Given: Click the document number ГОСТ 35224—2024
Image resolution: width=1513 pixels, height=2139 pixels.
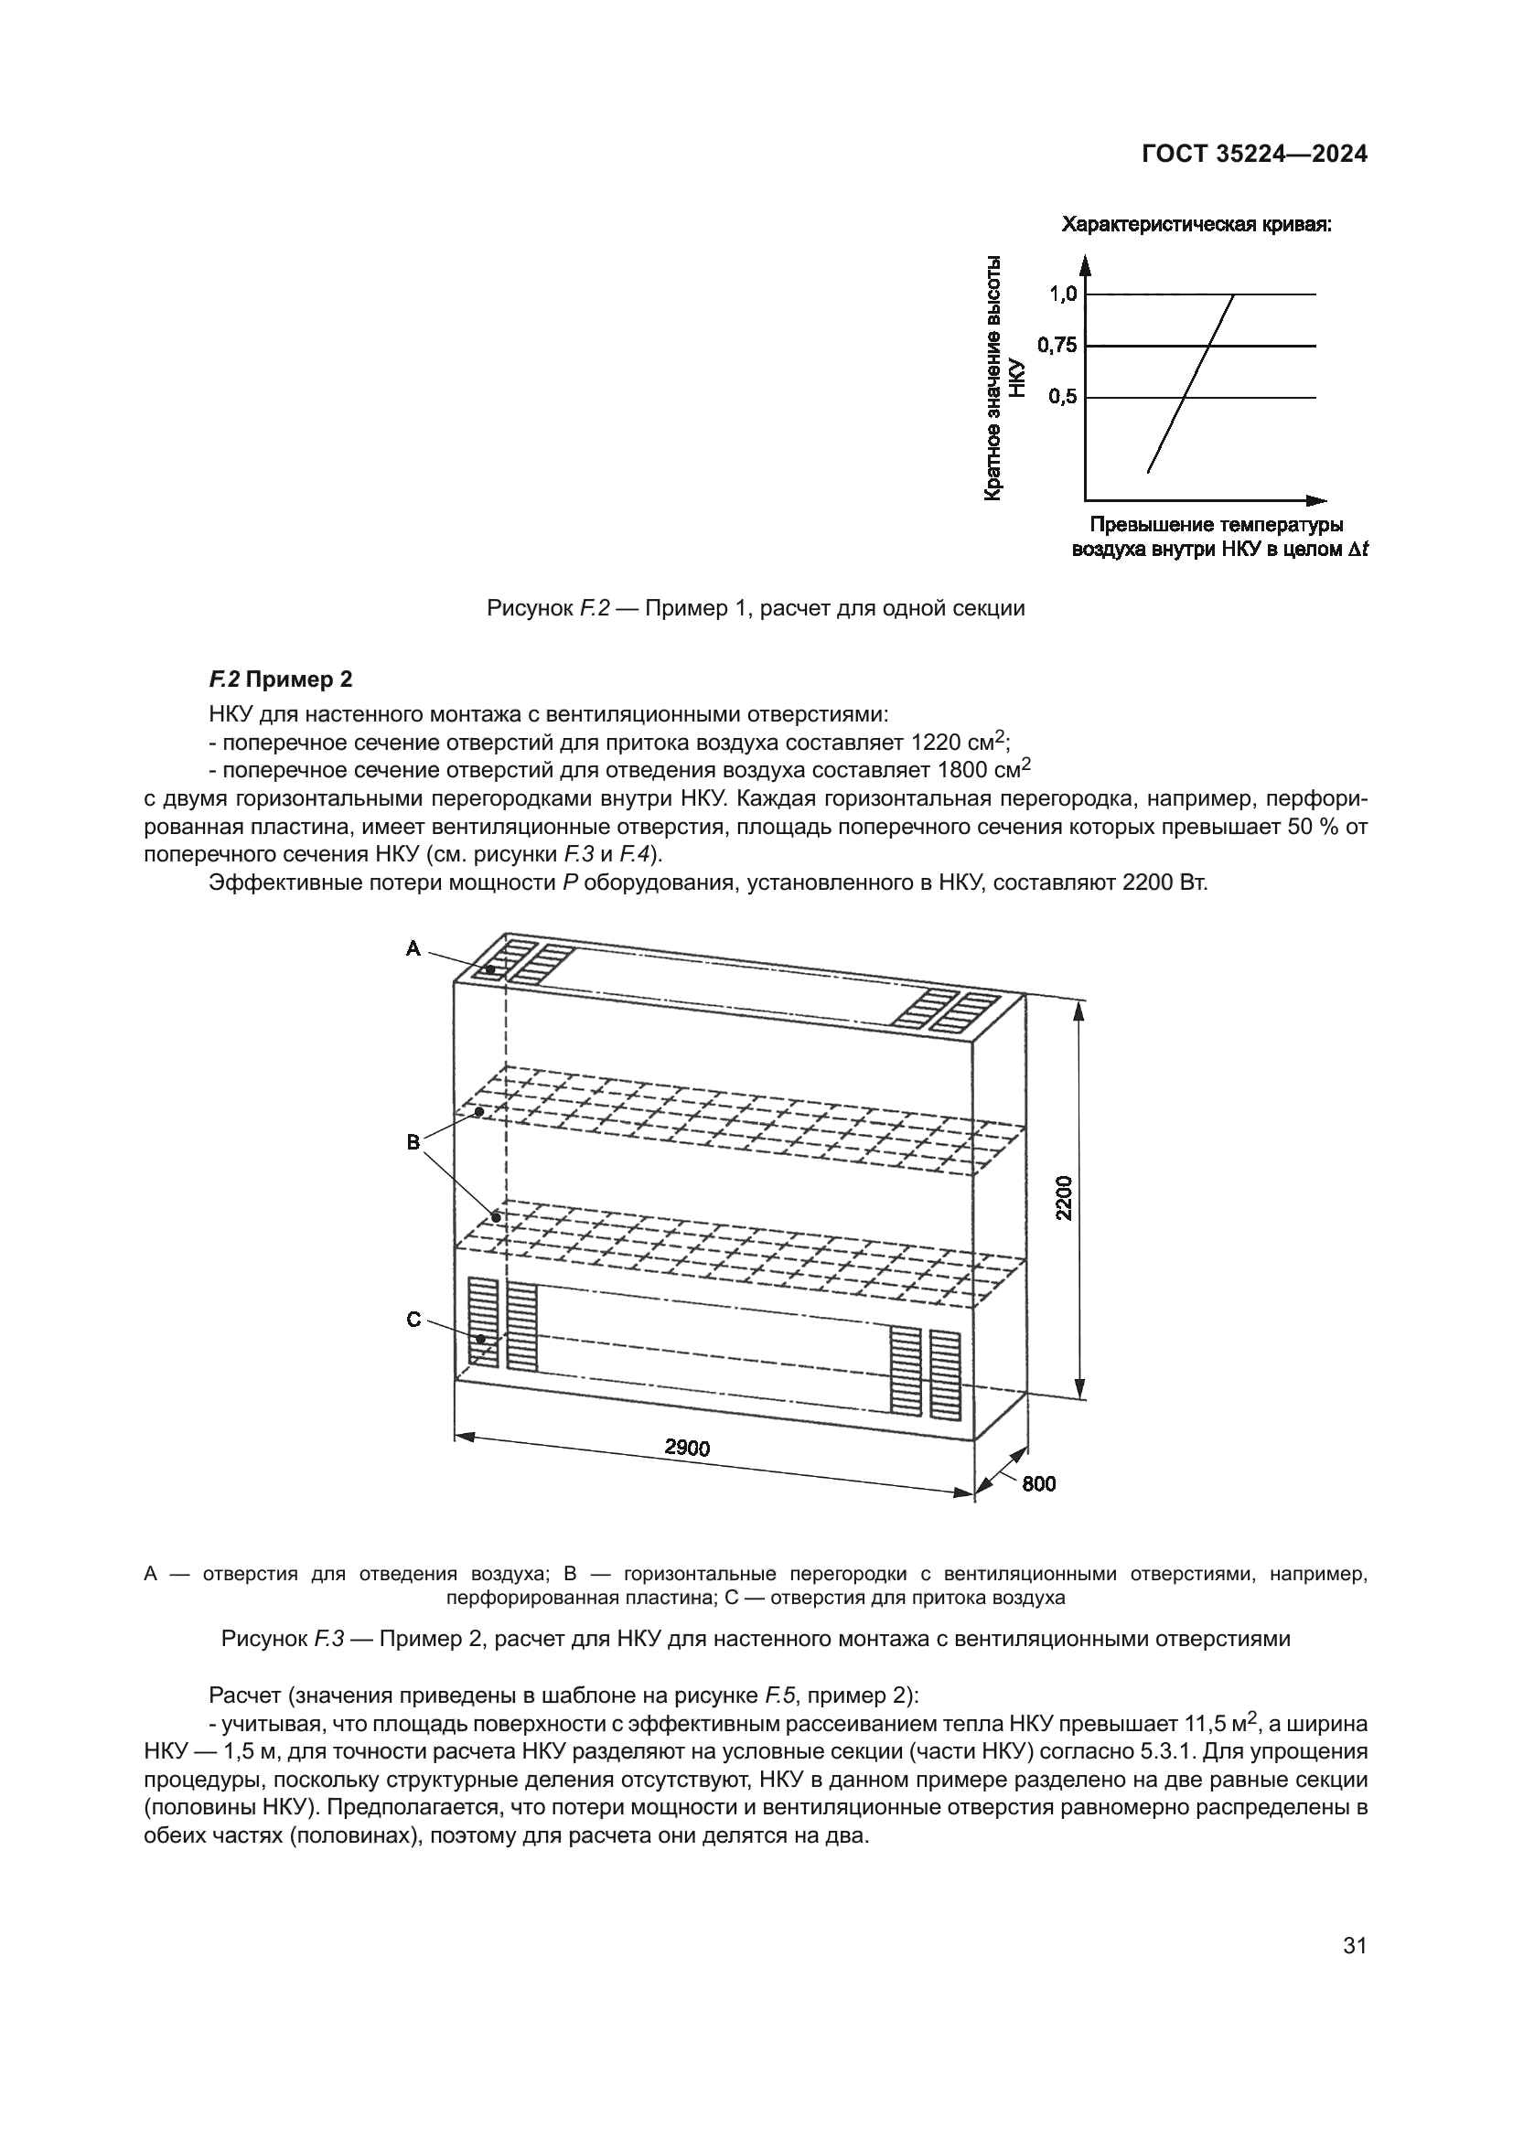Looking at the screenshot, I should coord(1254,155).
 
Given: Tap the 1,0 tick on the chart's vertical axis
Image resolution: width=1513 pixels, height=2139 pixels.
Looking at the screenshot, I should coord(1063,294).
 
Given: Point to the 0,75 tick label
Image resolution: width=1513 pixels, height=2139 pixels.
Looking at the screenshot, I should coord(1057,346).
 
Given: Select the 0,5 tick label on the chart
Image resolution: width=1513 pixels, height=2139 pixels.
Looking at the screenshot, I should coord(1062,397).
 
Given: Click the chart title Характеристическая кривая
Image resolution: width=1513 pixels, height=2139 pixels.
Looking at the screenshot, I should coord(1196,225).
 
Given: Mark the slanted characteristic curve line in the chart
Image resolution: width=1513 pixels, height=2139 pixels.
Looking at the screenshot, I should coord(1191,383).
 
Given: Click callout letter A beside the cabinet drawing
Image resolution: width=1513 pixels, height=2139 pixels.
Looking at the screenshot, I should coord(413,948).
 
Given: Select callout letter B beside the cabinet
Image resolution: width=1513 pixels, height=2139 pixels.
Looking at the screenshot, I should coord(413,1141).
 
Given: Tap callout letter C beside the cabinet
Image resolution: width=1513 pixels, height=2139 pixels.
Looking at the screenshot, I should coord(413,1321).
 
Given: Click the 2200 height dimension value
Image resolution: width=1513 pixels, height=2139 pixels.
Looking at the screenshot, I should coord(1065,1198).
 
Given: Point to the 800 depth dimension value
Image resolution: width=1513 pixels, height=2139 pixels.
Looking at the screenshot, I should coord(1039,1483).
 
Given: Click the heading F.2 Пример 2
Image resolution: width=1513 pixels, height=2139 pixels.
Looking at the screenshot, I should coord(281,679).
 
